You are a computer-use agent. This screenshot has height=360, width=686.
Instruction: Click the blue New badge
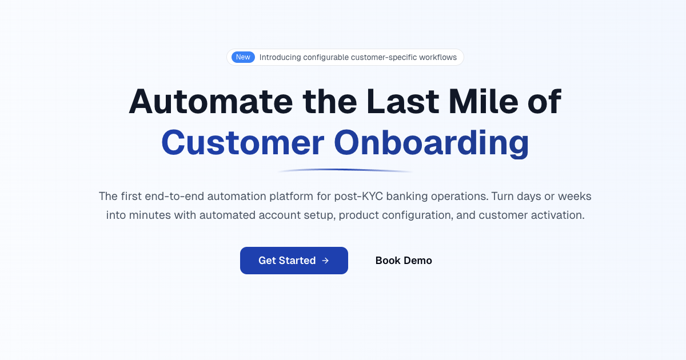(x=243, y=57)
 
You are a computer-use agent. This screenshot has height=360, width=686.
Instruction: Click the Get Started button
(x=294, y=261)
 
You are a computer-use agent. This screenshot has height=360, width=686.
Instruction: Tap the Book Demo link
(x=404, y=261)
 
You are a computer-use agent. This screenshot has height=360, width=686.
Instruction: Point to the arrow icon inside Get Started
(x=325, y=261)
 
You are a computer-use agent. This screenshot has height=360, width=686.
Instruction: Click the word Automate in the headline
(x=210, y=102)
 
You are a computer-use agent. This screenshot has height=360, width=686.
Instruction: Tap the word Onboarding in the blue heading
(x=431, y=143)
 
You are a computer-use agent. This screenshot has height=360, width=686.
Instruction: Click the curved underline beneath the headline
(x=345, y=170)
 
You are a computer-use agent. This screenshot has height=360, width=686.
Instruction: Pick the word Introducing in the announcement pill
(x=280, y=57)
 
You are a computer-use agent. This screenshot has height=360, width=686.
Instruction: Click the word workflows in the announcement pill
(x=438, y=57)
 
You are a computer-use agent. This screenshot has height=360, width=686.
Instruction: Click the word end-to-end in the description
(x=176, y=197)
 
